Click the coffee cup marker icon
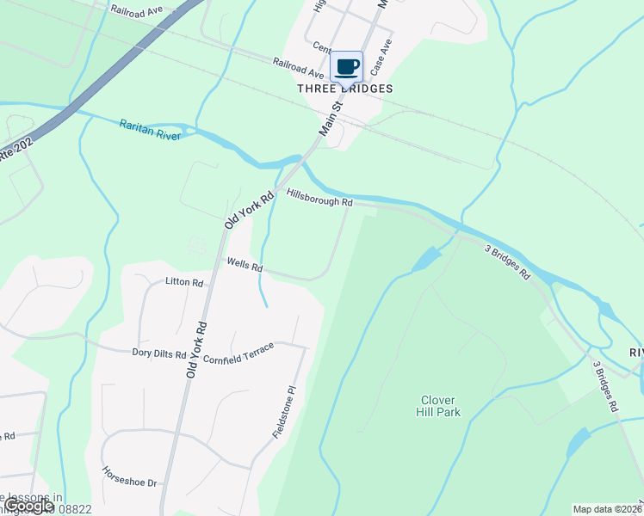point(346,66)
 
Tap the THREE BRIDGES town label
point(345,89)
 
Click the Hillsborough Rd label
point(320,198)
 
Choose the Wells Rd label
point(245,264)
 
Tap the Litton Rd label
point(184,282)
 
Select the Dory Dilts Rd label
point(159,353)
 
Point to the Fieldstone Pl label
point(284,412)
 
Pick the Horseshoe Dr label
point(129,476)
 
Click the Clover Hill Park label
point(440,406)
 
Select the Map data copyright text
point(606,509)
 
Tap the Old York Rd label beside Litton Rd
point(197,351)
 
